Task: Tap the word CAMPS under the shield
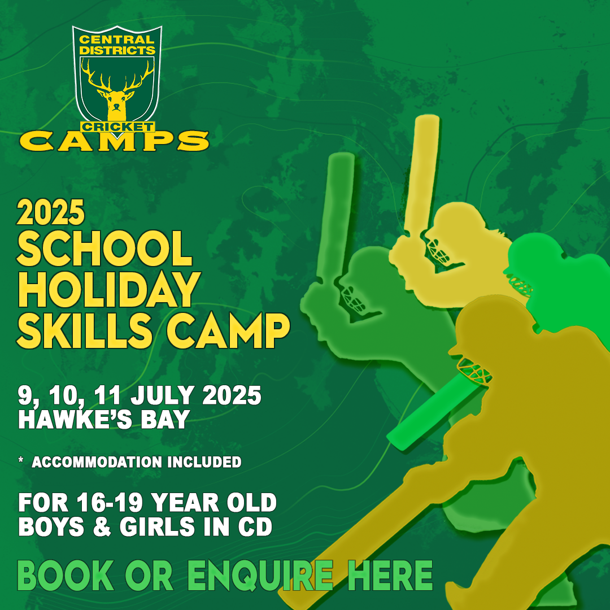tap(114, 141)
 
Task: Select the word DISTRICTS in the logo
tap(117, 50)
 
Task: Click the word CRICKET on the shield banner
tap(117, 127)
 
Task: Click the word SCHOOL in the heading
tap(104, 249)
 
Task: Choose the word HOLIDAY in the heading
tap(109, 289)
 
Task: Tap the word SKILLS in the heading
tap(84, 330)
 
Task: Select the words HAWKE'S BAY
tap(104, 419)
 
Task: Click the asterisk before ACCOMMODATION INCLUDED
tap(21, 460)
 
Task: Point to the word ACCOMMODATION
tap(97, 462)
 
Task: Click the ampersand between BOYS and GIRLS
tap(102, 526)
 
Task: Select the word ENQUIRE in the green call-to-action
tap(260, 576)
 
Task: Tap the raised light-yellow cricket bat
tap(421, 175)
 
